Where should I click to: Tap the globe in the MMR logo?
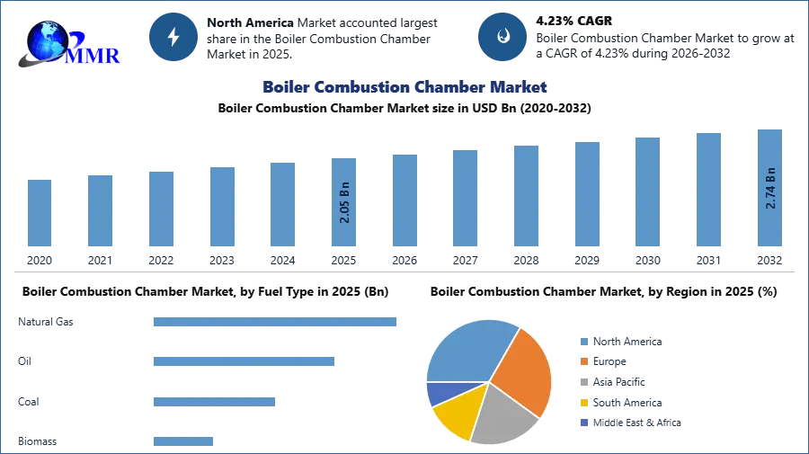[x=47, y=41]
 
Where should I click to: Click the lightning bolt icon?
[x=174, y=37]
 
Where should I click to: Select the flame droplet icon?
[x=502, y=37]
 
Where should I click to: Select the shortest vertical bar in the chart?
[x=39, y=215]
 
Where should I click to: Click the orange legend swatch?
[x=582, y=361]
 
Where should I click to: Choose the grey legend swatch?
[x=582, y=382]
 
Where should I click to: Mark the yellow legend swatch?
[x=582, y=403]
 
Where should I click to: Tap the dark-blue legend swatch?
[x=582, y=423]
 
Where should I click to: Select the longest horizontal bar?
[x=276, y=323]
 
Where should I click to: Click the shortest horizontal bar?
[x=183, y=440]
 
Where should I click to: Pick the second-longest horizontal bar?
[x=244, y=360]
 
